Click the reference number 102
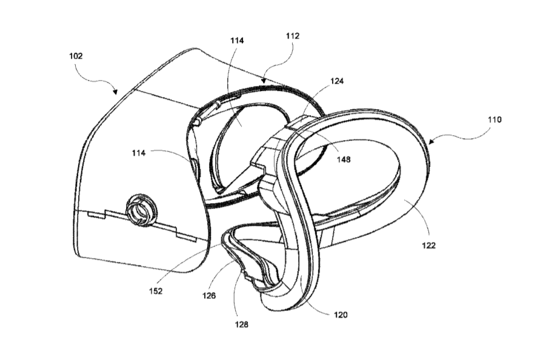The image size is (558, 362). (x=76, y=56)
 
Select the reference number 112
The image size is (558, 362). (x=293, y=36)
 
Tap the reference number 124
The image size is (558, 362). (x=337, y=81)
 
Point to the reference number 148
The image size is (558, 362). (x=344, y=159)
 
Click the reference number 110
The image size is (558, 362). (x=494, y=119)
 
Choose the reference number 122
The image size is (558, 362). (x=428, y=246)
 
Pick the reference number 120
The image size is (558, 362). (x=340, y=315)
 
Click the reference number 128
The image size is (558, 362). (x=241, y=324)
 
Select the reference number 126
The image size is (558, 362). (x=209, y=296)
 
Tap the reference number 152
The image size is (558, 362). (x=156, y=291)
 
